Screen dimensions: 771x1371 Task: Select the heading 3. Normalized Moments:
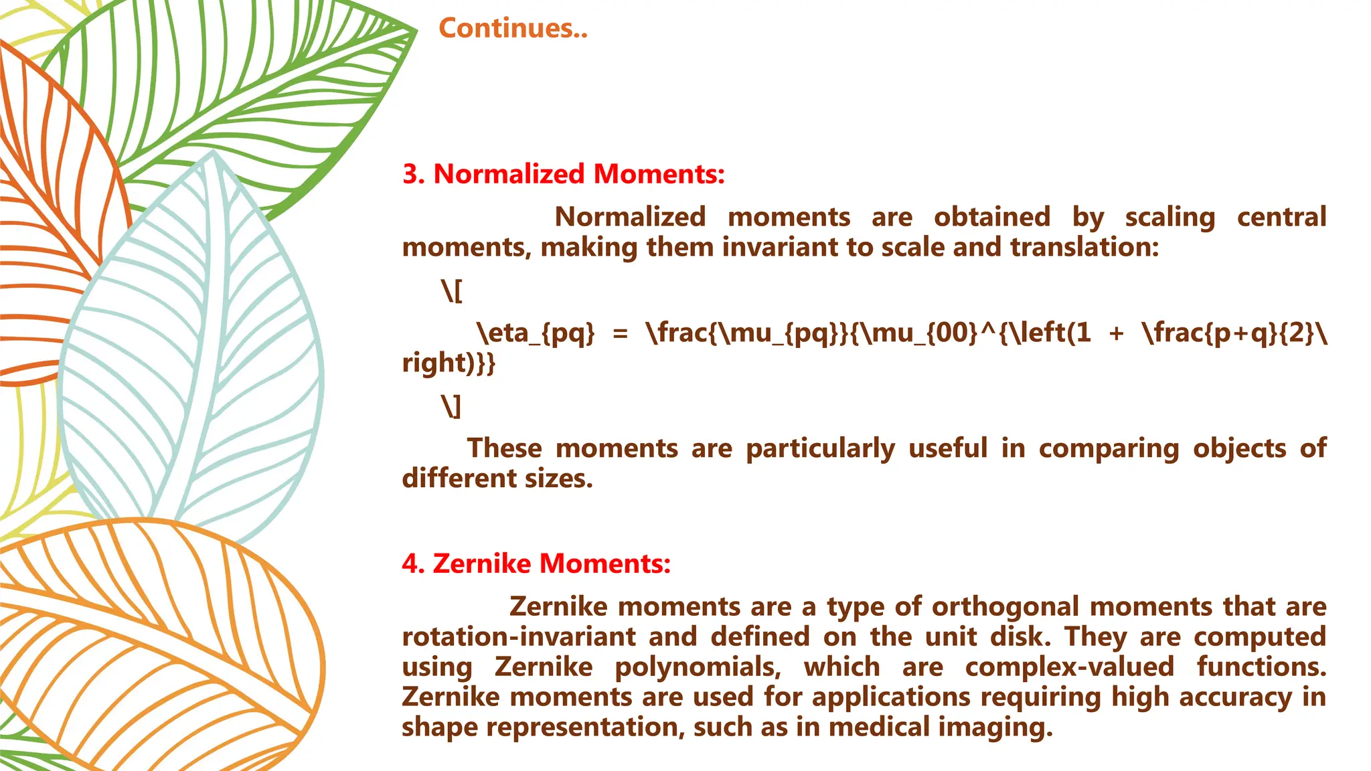click(x=563, y=174)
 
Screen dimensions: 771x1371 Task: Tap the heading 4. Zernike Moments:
click(x=536, y=564)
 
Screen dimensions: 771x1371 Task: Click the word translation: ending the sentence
click(x=1084, y=248)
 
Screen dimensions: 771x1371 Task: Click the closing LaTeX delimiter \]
click(x=452, y=406)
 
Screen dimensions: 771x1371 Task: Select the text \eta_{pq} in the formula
click(x=536, y=333)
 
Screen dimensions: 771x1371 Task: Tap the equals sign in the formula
click(x=621, y=333)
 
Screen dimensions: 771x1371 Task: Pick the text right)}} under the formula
click(x=449, y=363)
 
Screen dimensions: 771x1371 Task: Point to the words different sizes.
click(x=497, y=479)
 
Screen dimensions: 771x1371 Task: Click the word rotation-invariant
click(x=519, y=637)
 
